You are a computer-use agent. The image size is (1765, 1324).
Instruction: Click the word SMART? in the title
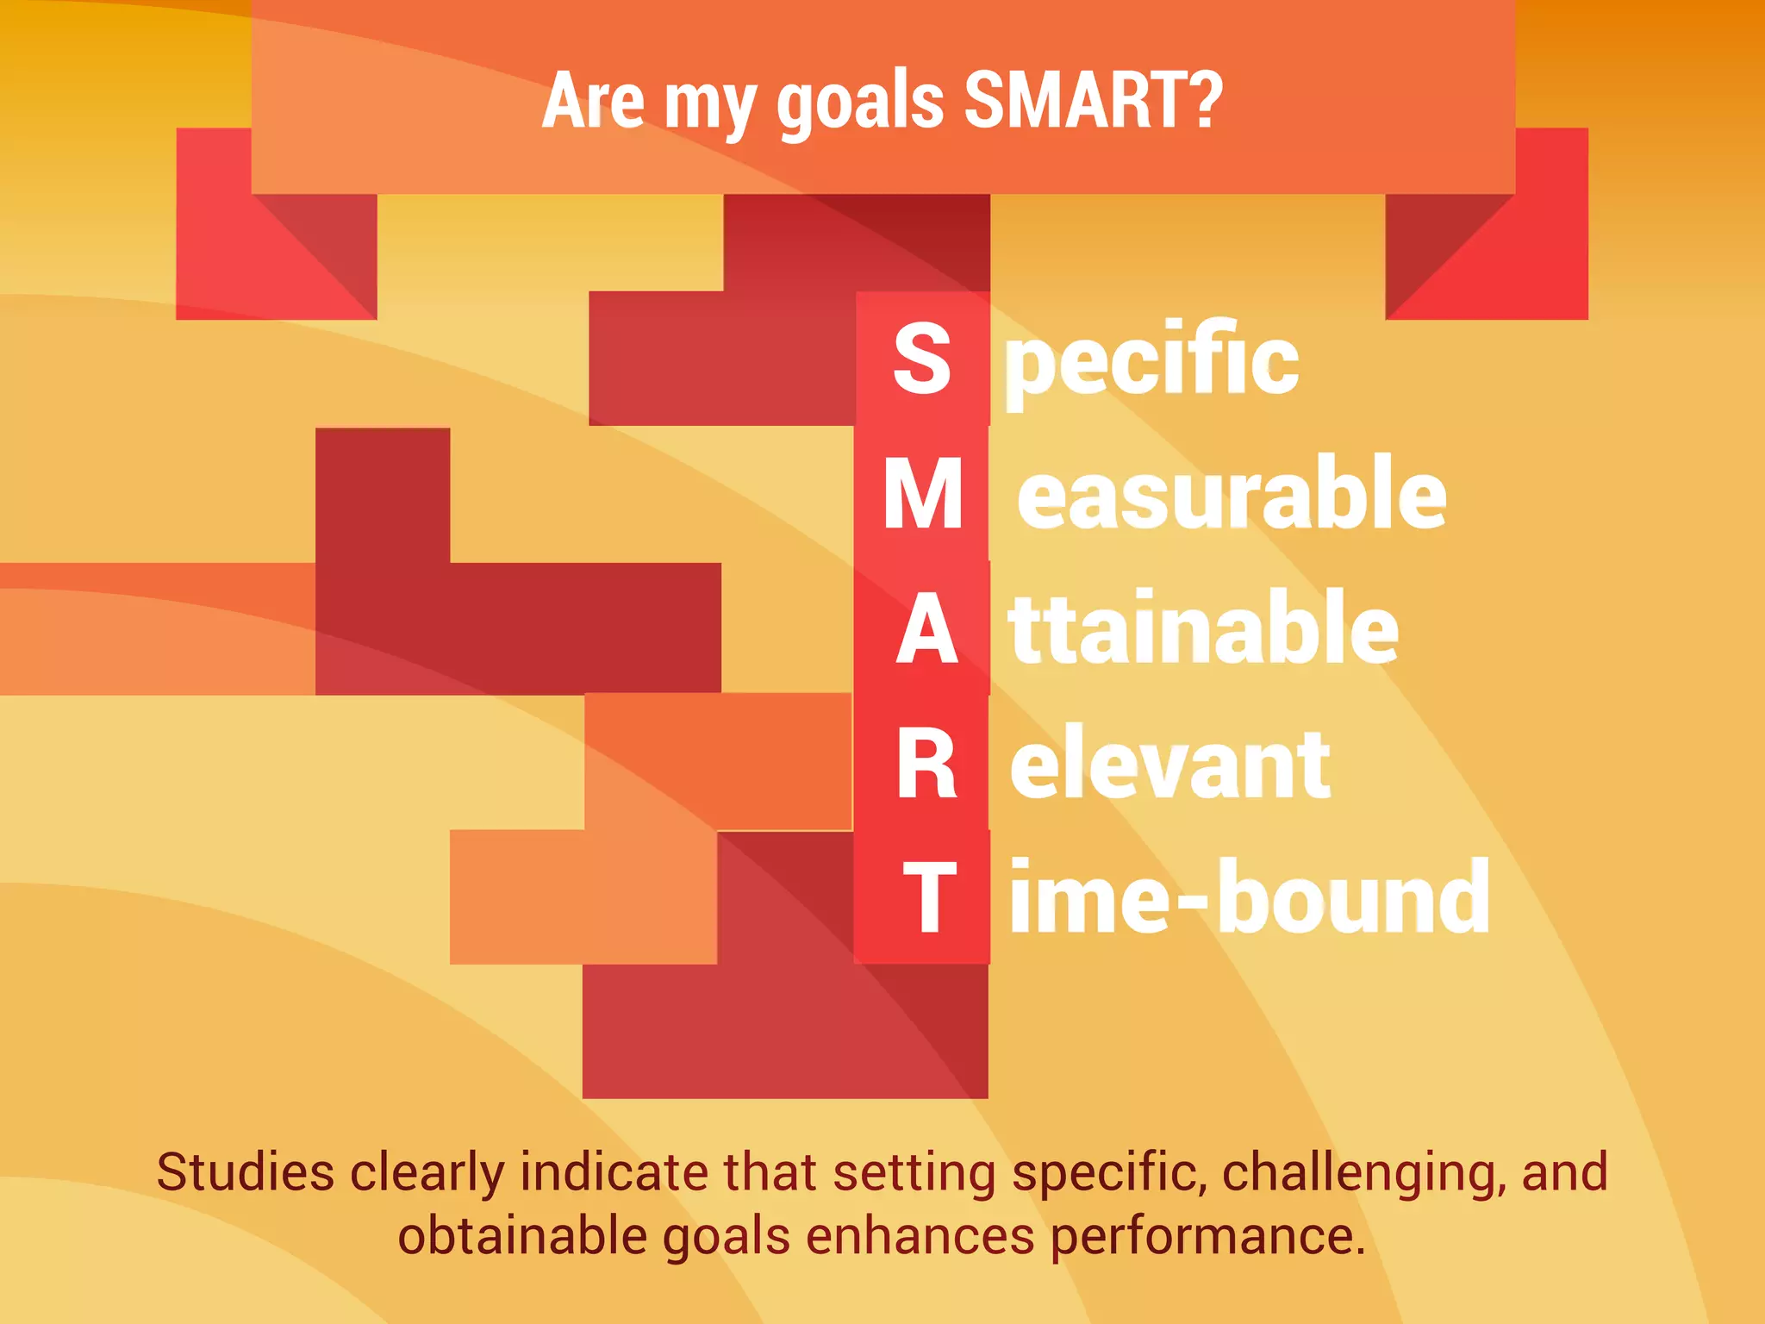[1093, 101]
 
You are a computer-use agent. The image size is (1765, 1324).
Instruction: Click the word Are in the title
[593, 101]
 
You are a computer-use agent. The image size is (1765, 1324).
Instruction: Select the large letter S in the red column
[922, 358]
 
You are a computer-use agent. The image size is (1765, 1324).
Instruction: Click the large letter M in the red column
[923, 494]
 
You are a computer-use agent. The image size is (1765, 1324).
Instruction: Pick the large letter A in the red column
[926, 630]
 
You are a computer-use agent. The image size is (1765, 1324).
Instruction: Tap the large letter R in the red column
[926, 765]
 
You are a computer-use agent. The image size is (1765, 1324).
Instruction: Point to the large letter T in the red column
[929, 898]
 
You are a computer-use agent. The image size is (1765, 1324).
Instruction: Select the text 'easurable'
[1231, 494]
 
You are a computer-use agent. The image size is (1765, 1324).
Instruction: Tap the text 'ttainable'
[1203, 629]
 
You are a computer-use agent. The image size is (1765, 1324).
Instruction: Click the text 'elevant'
[1169, 765]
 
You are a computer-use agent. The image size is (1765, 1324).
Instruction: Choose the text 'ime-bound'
[1250, 898]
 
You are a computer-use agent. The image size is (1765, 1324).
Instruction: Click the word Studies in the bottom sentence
[246, 1173]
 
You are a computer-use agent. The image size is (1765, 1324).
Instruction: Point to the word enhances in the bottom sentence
[920, 1236]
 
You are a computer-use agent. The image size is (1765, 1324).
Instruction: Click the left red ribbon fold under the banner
[276, 250]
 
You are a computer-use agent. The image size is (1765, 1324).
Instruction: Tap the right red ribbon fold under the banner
[1487, 250]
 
